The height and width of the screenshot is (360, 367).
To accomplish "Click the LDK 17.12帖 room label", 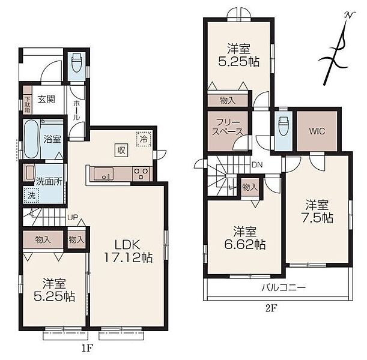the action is click(x=128, y=251).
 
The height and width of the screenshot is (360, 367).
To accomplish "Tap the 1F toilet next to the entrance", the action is click(x=76, y=63).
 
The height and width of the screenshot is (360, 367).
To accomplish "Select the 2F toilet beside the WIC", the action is click(x=283, y=127).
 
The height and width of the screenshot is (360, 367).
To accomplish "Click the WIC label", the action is click(x=317, y=131).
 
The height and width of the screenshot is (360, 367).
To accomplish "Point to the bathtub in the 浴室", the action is click(x=31, y=139).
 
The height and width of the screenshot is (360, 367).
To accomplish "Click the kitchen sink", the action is click(x=103, y=174).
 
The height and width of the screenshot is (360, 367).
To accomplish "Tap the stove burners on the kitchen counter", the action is click(x=141, y=173).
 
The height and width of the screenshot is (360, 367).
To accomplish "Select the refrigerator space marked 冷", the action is click(x=144, y=139).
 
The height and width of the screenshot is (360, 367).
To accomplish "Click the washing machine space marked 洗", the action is click(x=31, y=196).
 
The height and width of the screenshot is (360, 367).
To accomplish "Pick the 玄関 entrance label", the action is click(x=46, y=100).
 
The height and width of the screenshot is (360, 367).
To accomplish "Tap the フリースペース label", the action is click(x=227, y=127).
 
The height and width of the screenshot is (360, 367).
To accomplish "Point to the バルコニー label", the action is click(x=283, y=287).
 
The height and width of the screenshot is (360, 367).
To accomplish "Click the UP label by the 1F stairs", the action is click(x=73, y=218).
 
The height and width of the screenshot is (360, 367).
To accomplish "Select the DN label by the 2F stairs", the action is click(x=257, y=165).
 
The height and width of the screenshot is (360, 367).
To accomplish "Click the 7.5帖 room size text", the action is click(x=317, y=218).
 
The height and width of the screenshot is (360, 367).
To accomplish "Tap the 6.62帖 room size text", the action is click(x=245, y=245).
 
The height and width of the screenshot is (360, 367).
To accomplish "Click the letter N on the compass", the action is click(x=349, y=15).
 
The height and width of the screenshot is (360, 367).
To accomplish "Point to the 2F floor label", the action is click(x=271, y=309).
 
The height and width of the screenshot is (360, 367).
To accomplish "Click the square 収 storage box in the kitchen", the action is click(x=121, y=150).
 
